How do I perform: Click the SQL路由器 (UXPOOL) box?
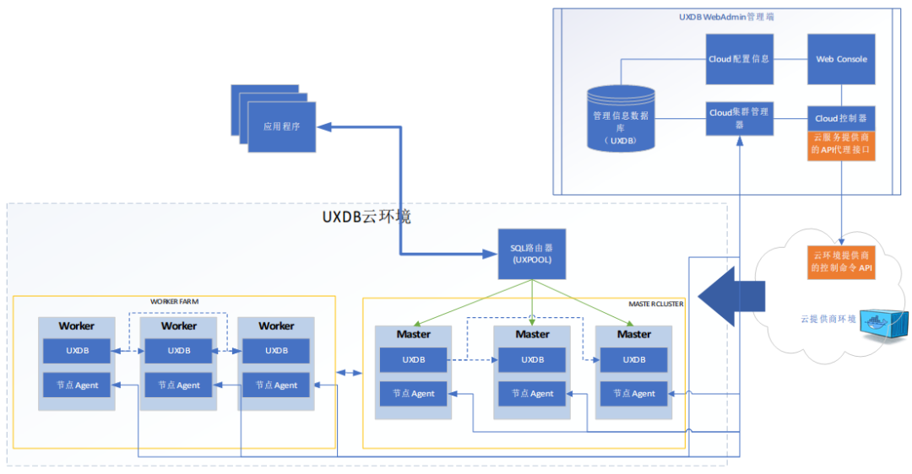point(532,254)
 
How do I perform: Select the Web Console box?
point(841,59)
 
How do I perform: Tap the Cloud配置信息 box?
point(739,59)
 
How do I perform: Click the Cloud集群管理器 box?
point(739,118)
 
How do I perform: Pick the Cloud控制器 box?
point(841,118)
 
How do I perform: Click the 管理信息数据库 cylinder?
point(621,119)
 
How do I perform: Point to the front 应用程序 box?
point(281,127)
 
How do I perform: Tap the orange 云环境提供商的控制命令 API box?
point(841,262)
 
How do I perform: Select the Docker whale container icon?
point(884,324)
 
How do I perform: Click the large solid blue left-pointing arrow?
point(731,296)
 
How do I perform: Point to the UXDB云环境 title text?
point(366,217)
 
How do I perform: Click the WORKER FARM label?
point(175,301)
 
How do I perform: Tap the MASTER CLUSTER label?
point(656,304)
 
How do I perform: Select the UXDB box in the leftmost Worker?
point(77,351)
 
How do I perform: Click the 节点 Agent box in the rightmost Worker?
point(275,385)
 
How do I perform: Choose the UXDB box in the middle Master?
point(532,360)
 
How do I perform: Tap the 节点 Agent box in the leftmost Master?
point(414,394)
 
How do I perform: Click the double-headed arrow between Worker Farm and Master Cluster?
point(349,373)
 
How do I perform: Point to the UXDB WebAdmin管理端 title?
point(726,17)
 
